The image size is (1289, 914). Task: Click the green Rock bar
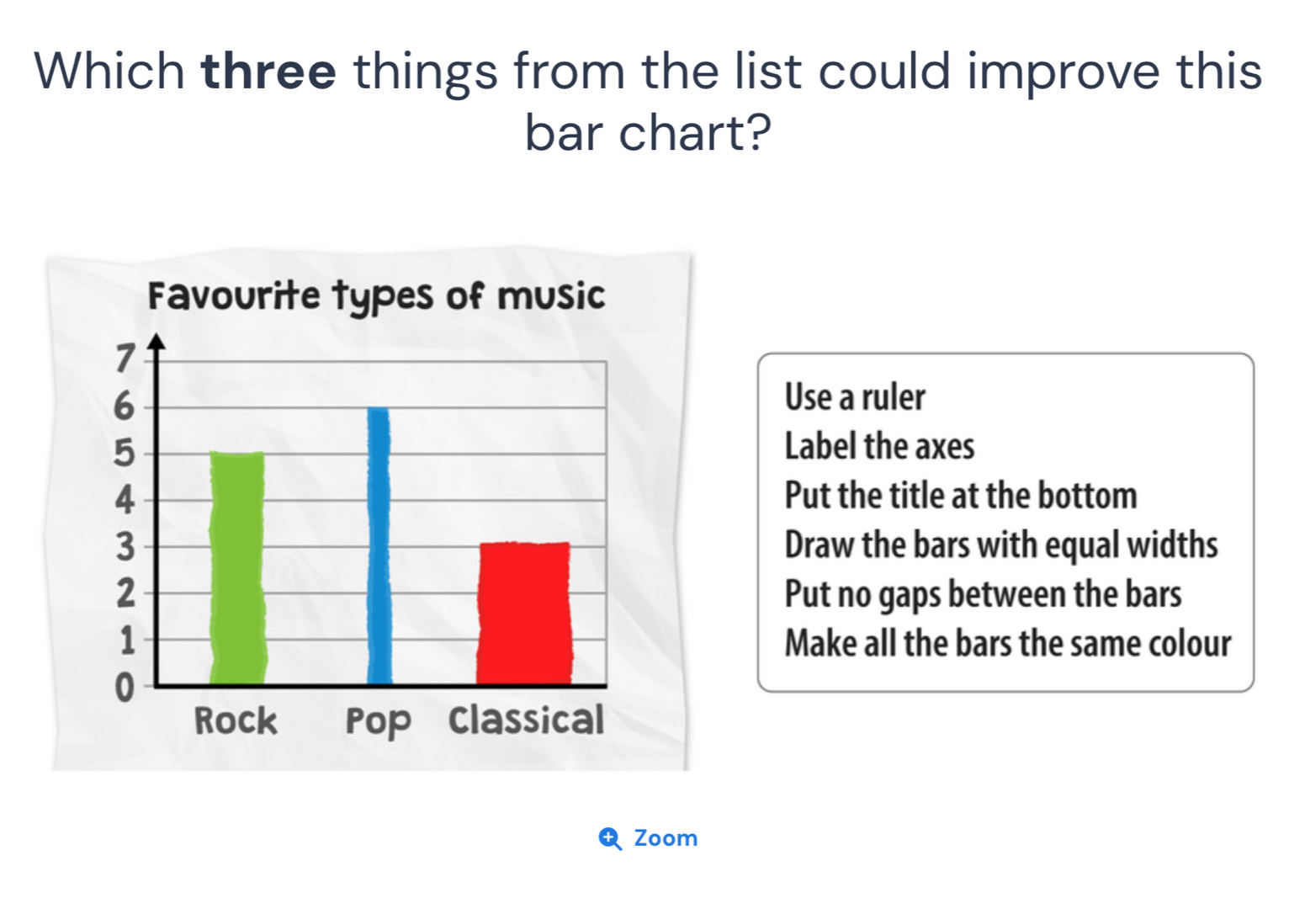(x=237, y=568)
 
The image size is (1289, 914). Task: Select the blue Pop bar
(x=379, y=545)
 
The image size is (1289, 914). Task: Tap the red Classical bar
(x=524, y=613)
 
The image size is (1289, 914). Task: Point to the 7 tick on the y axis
(x=125, y=359)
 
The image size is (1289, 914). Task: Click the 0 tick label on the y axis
(x=125, y=688)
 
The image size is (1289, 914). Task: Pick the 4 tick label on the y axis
(x=125, y=500)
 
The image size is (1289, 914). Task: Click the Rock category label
(x=236, y=720)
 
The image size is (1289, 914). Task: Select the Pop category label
(x=378, y=723)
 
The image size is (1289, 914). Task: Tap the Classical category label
(x=527, y=720)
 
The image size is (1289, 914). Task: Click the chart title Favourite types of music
(x=377, y=297)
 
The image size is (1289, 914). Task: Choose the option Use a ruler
(x=855, y=397)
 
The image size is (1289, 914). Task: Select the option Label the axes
(x=880, y=446)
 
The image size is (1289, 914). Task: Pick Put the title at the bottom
(x=961, y=495)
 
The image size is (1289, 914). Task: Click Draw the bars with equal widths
(x=1002, y=545)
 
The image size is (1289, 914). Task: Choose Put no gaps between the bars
(x=984, y=594)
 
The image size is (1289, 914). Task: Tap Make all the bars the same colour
(x=1008, y=643)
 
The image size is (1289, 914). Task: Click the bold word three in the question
(x=268, y=72)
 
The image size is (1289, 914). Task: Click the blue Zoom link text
(x=666, y=838)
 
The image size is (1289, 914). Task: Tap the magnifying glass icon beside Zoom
(x=610, y=839)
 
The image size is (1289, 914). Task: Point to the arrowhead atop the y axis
(x=156, y=342)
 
